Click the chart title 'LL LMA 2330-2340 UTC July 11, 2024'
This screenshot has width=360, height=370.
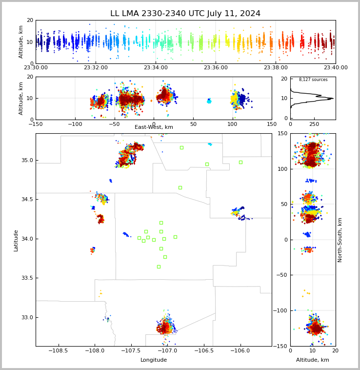(x=185, y=14)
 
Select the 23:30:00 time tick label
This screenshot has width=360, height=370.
(x=36, y=68)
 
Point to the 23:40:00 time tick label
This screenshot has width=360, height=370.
(x=335, y=68)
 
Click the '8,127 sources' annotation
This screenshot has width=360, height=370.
(x=313, y=80)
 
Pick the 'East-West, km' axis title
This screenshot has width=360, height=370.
(x=154, y=127)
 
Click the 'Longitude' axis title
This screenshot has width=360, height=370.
(x=154, y=360)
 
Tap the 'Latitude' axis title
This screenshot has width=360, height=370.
(x=16, y=240)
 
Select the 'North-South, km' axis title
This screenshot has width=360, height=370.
(x=340, y=240)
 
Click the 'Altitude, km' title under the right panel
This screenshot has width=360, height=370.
(x=313, y=360)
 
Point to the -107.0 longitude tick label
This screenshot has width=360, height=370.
(x=167, y=351)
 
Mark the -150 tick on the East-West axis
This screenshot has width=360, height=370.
(x=36, y=124)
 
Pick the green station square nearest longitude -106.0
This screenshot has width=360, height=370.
(x=240, y=162)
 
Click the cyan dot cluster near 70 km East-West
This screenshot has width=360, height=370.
(x=209, y=101)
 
